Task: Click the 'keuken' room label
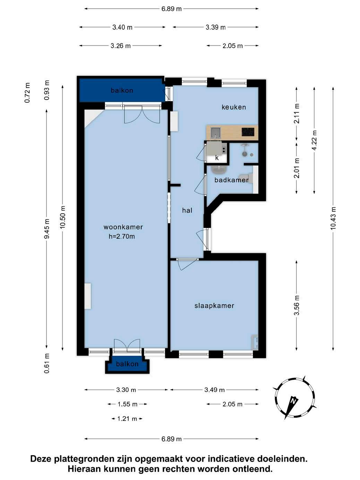click(234, 107)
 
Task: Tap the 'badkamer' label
click(231, 180)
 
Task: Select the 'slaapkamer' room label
click(214, 306)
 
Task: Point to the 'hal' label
click(187, 211)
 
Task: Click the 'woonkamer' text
click(123, 227)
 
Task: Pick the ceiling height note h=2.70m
click(122, 237)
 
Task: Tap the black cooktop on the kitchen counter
click(248, 132)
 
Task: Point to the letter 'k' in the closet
click(217, 158)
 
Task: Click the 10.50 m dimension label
click(63, 217)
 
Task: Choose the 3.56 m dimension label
click(297, 305)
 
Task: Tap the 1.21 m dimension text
click(127, 419)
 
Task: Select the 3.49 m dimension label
click(214, 390)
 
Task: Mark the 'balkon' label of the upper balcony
click(122, 91)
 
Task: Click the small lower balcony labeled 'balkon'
click(127, 364)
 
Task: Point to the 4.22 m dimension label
click(314, 140)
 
